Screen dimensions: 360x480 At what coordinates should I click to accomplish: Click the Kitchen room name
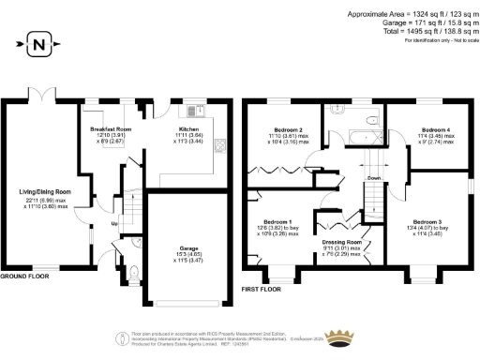pos(188,128)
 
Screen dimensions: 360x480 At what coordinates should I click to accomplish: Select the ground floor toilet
pos(135,274)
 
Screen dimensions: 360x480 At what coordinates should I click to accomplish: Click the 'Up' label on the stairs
pos(114,224)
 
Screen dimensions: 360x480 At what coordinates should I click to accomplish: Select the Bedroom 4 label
pos(436,129)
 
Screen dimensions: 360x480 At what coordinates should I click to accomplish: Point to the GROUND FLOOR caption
pos(24,278)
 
